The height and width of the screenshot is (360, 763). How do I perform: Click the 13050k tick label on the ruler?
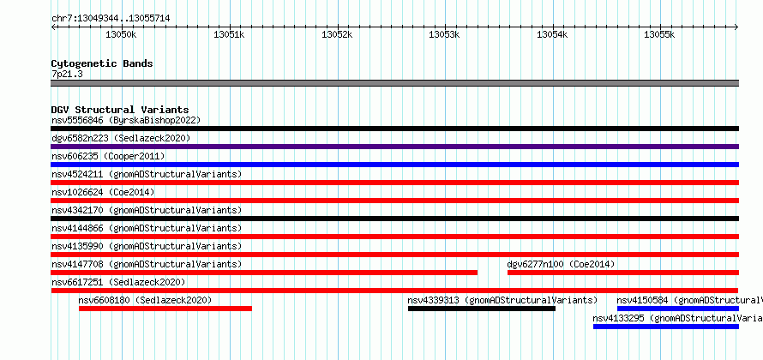point(121,34)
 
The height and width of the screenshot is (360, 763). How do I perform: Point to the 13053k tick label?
point(444,34)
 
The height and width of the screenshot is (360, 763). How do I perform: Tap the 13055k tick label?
point(659,34)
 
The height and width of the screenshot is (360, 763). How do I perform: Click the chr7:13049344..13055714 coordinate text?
point(111,19)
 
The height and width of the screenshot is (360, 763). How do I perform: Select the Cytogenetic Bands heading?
point(102,63)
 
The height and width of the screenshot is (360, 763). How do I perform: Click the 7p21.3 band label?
point(68,75)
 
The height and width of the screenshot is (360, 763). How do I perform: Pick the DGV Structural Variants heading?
point(120,110)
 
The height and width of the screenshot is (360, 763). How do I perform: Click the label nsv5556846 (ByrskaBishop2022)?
point(126,120)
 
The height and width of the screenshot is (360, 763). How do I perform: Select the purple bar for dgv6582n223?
point(394,147)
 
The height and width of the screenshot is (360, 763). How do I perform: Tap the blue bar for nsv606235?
point(394,165)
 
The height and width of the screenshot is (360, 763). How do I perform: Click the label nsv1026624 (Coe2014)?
point(103,192)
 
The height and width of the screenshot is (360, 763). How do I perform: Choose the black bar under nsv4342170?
point(394,219)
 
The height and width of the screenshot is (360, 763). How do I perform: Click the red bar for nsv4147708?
point(264,273)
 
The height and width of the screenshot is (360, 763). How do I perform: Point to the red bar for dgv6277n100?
point(623,273)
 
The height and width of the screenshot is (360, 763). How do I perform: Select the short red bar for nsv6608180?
point(165,309)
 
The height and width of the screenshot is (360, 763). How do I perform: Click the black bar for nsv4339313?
point(482,309)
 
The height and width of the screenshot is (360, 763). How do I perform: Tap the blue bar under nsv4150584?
point(678,309)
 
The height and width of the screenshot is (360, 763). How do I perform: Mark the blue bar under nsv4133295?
point(665,327)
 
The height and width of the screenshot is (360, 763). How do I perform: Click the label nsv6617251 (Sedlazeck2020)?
point(118,282)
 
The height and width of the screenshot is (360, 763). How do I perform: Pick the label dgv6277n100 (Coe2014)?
point(561,264)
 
